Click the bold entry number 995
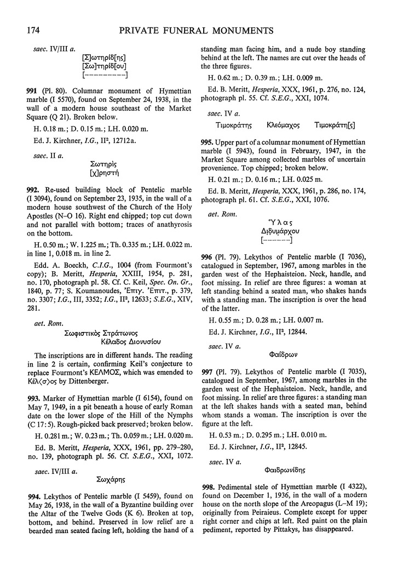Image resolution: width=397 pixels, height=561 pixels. pos(209,156)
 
